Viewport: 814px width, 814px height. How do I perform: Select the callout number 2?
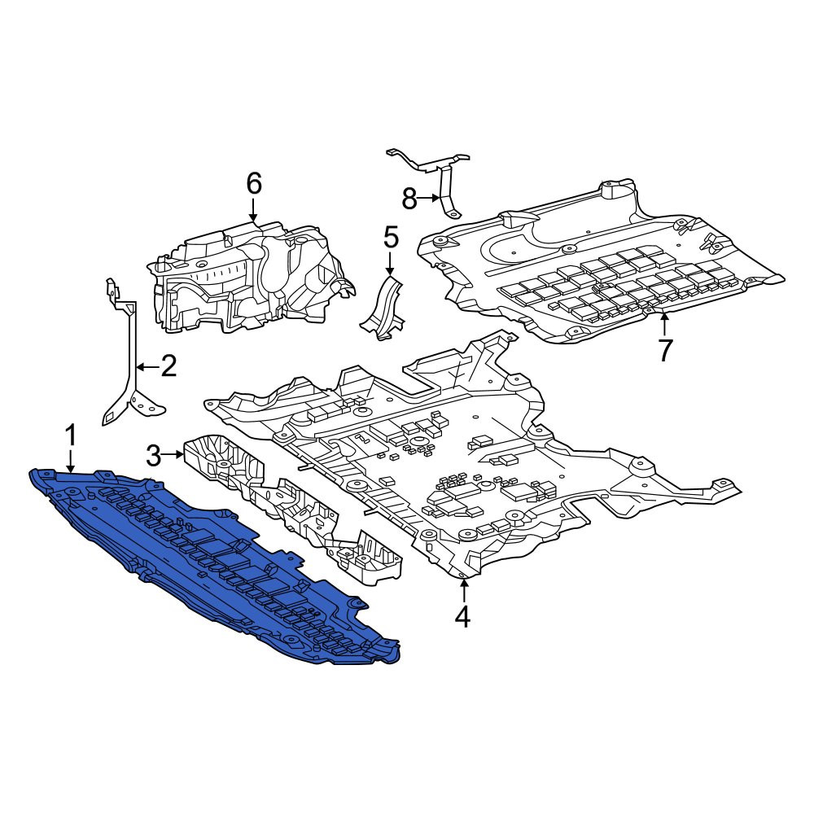(x=168, y=366)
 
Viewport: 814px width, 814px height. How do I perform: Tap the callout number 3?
(x=154, y=456)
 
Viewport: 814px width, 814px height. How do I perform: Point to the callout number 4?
(x=463, y=616)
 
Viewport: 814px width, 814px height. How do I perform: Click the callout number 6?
(x=253, y=184)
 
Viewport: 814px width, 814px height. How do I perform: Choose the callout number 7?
(x=665, y=349)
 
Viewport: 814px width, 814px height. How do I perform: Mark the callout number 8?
(x=409, y=199)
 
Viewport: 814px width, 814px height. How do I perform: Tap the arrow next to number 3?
(x=173, y=456)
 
